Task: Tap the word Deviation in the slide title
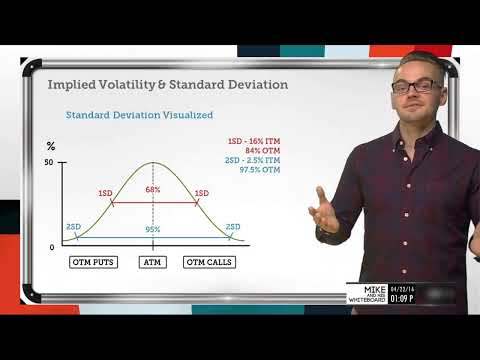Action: coord(251,85)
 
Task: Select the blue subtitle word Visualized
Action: coord(186,115)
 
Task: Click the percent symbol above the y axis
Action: coord(51,147)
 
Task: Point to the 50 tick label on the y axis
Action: coord(49,163)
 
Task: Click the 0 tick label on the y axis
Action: coord(52,247)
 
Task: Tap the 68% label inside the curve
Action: coord(153,189)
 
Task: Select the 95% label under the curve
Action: coord(153,230)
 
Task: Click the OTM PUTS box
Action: coord(94,262)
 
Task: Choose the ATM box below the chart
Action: coord(153,262)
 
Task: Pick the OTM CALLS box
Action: coord(209,262)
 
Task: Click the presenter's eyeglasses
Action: coord(413,87)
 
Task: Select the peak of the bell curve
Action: coord(153,163)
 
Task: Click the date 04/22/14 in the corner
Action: coord(431,286)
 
